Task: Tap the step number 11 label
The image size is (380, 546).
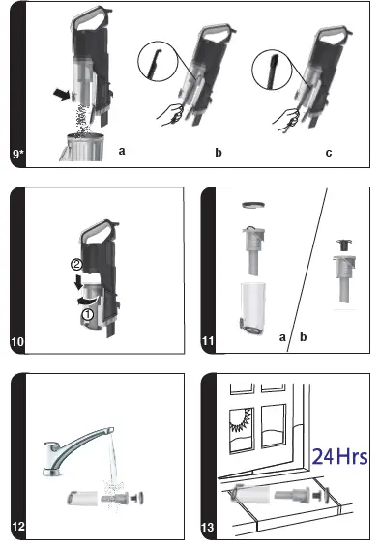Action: [207, 342]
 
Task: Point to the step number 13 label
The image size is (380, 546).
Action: [207, 528]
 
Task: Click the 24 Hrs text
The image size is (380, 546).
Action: [339, 455]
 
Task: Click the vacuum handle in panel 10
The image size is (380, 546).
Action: [98, 229]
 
